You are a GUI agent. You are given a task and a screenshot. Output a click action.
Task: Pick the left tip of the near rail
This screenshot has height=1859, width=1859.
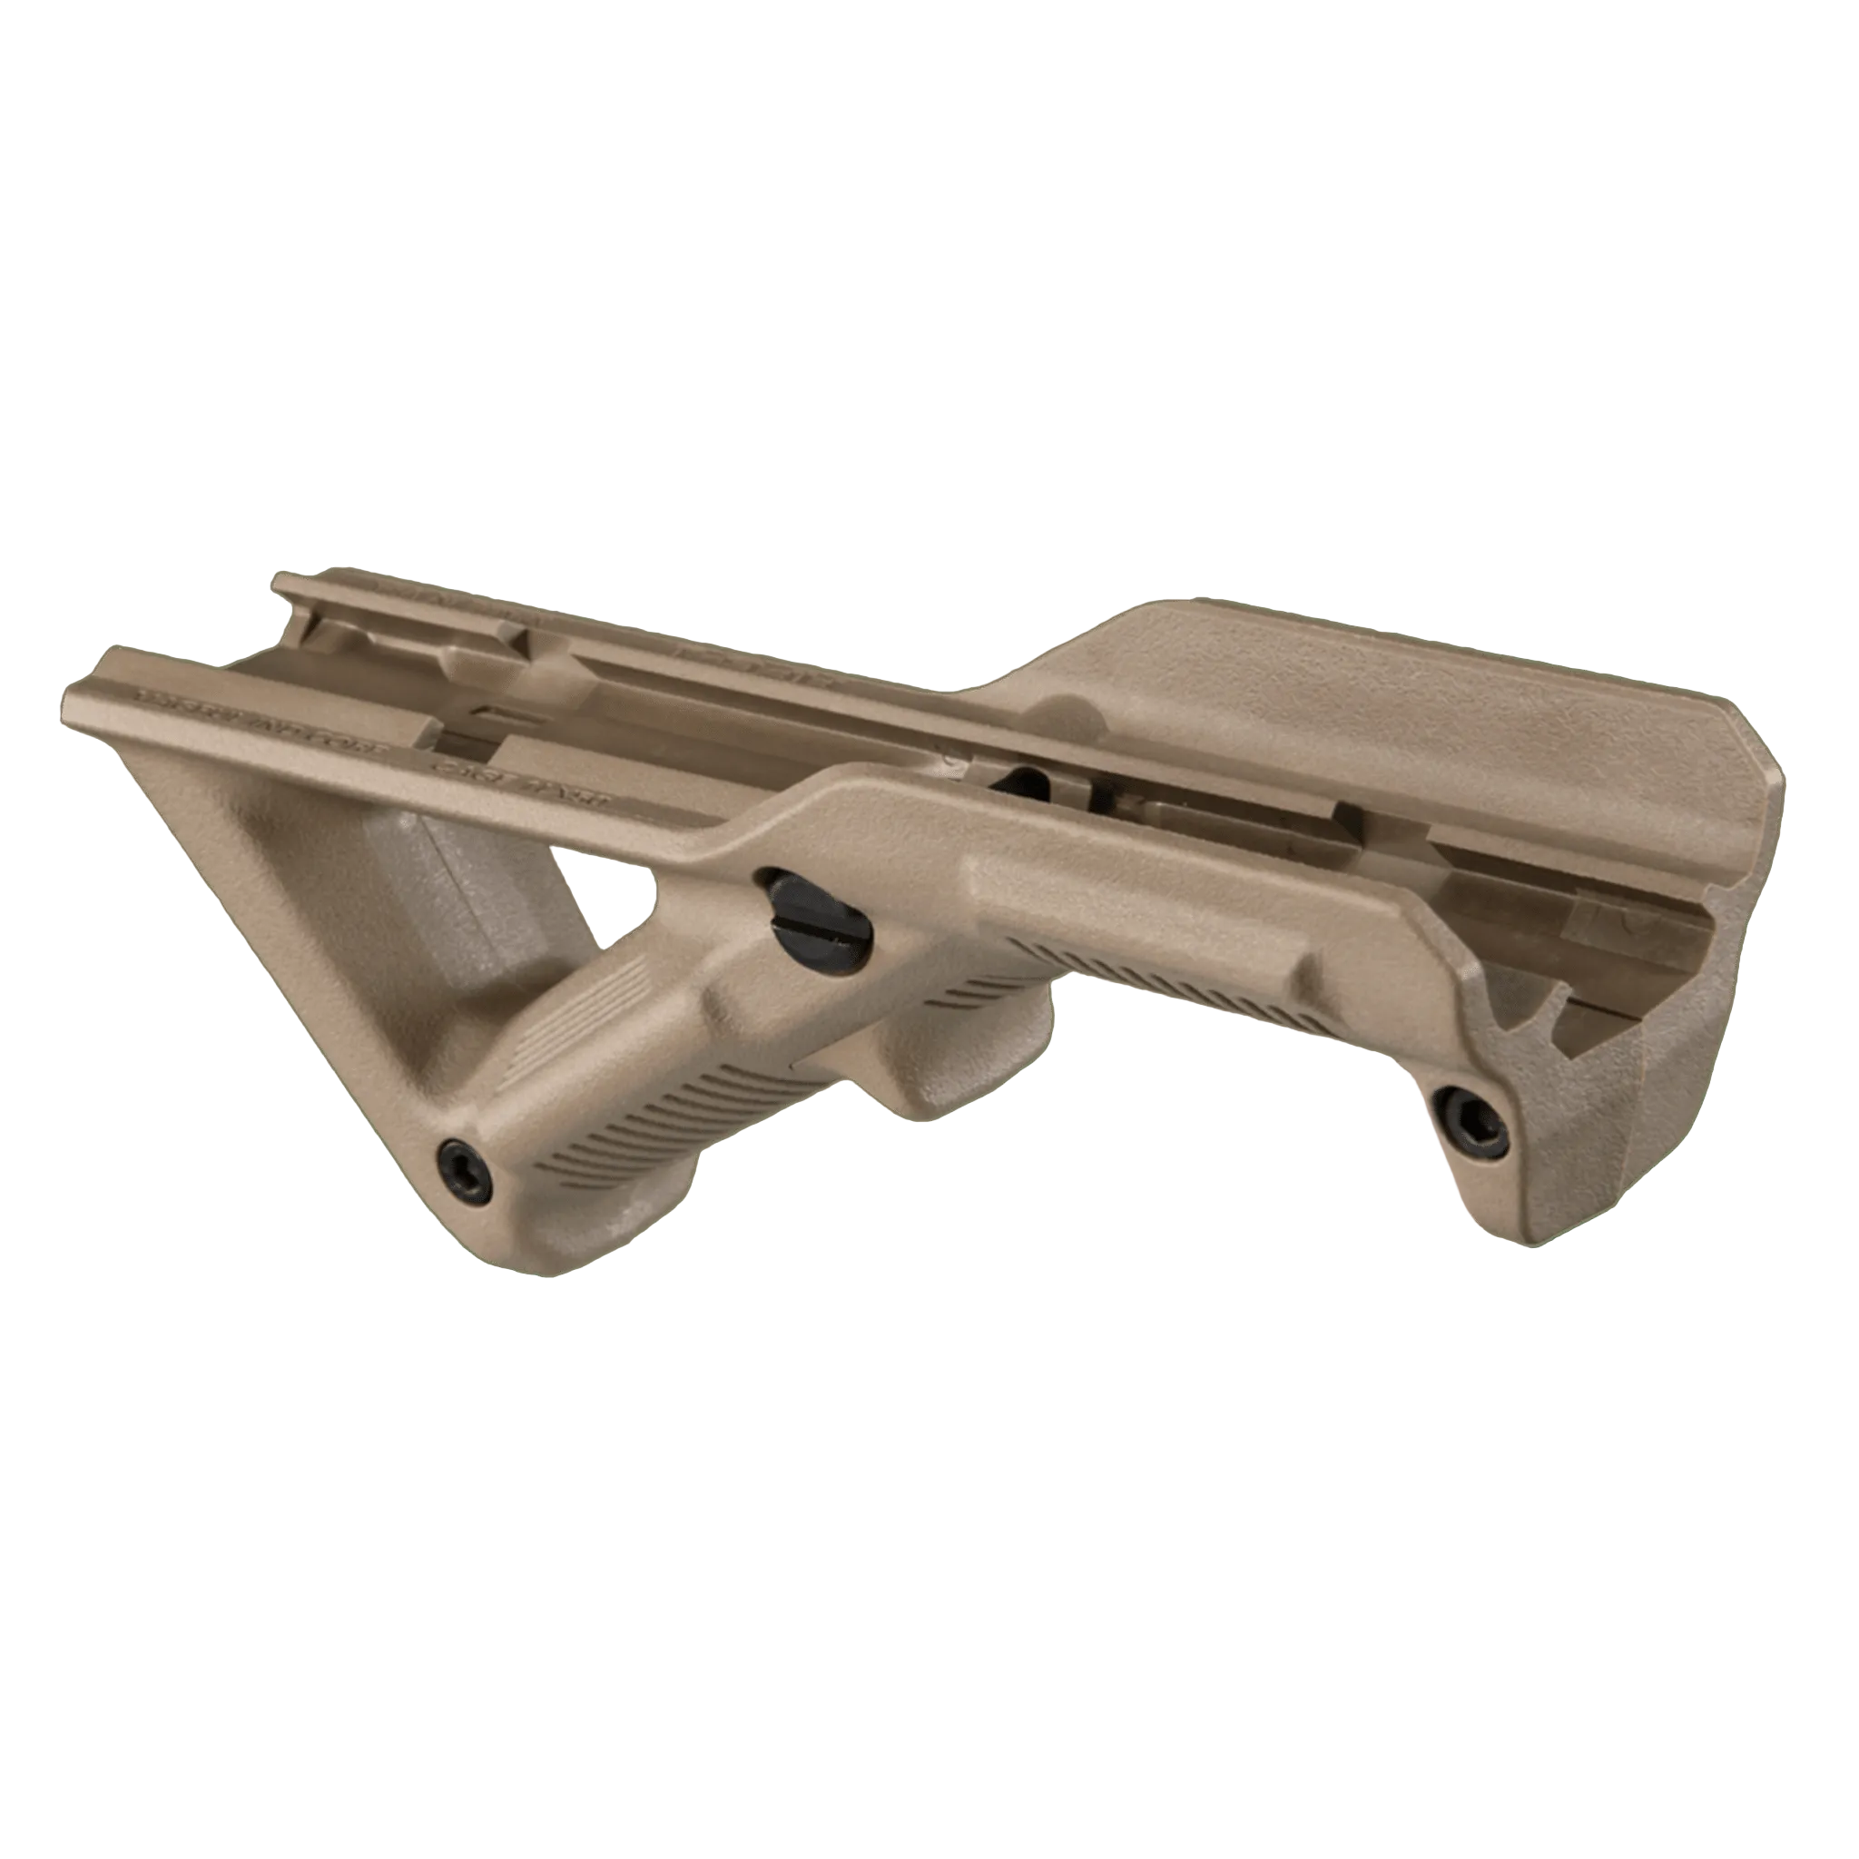click(x=73, y=686)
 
